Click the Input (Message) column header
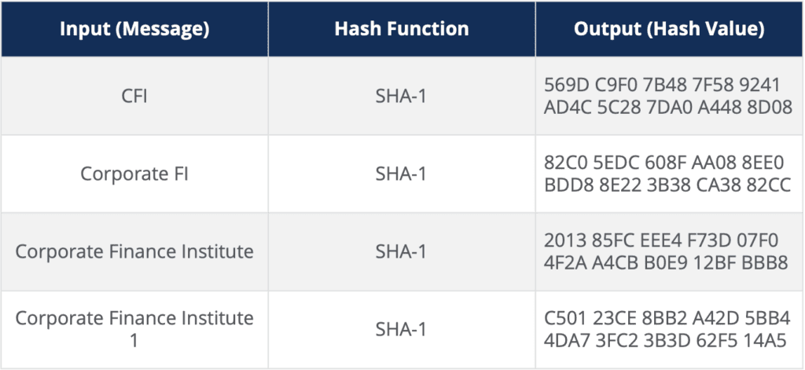(x=134, y=29)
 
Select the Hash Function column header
(x=402, y=29)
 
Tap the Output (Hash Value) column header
(x=669, y=29)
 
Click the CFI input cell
(x=134, y=96)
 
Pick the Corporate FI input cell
(x=134, y=174)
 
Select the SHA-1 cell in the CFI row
(x=401, y=96)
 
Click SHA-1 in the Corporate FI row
(x=401, y=174)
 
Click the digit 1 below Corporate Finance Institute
(x=134, y=340)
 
